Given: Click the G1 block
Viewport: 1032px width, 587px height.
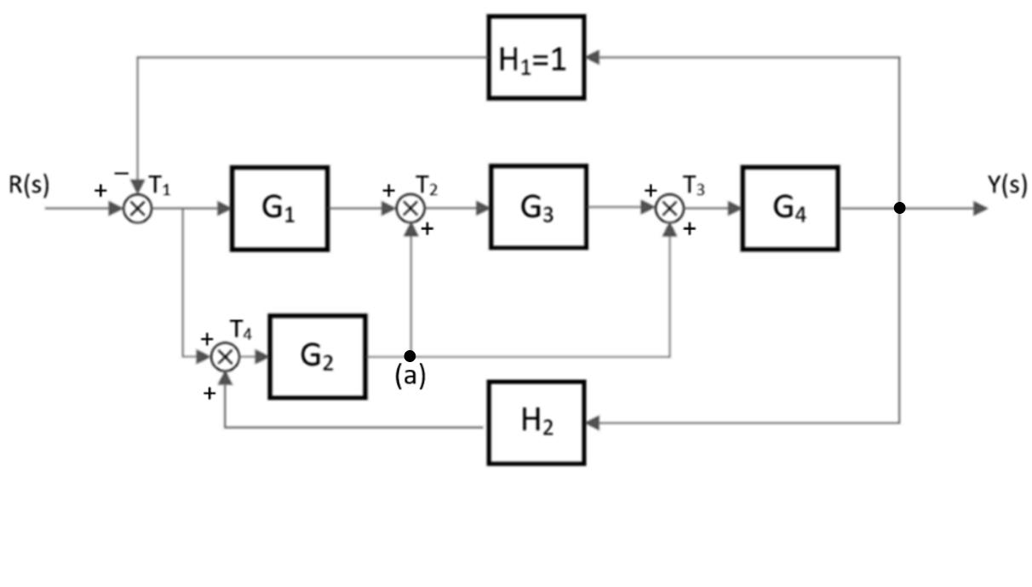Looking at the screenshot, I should (x=279, y=209).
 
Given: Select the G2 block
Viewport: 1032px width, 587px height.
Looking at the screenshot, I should (x=318, y=356).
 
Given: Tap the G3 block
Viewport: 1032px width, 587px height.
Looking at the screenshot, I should (x=538, y=207).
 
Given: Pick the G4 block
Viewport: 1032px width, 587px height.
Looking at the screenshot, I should (x=789, y=208).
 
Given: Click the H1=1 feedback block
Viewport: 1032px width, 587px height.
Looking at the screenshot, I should (x=536, y=57).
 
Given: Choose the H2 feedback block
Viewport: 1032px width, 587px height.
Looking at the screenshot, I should (x=536, y=423).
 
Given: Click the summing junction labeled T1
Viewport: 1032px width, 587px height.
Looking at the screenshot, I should (x=137, y=209).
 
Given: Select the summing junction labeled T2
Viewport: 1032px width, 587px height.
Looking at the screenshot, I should (x=411, y=208).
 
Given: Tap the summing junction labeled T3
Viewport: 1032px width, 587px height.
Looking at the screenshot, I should (x=671, y=208).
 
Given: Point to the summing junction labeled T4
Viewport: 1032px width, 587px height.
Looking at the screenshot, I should (x=225, y=356).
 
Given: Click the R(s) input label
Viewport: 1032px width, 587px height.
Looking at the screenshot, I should (x=30, y=185).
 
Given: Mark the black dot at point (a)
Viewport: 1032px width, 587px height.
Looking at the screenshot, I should (x=410, y=355).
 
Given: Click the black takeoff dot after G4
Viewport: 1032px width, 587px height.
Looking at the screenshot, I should (x=900, y=208).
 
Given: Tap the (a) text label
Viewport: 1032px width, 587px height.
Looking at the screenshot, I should (x=410, y=376).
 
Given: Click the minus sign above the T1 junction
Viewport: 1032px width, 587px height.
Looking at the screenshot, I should (x=122, y=173).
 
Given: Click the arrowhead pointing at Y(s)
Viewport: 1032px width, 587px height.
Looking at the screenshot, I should (x=980, y=208).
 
